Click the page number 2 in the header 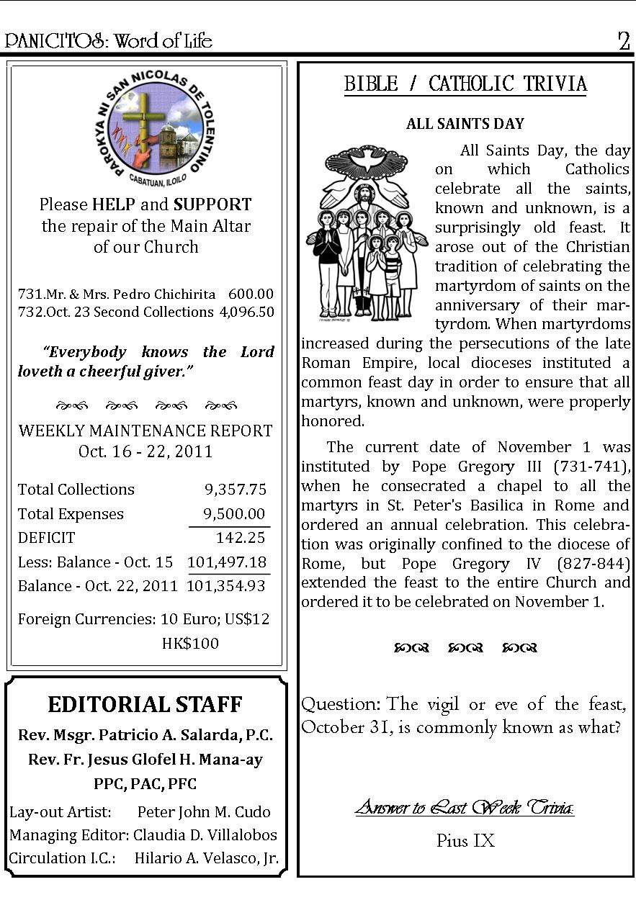point(624,41)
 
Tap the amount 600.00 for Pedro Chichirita point(251,294)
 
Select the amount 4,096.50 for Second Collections point(247,312)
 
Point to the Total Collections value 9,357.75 point(236,490)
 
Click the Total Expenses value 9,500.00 point(234,514)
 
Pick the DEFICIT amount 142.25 point(241,538)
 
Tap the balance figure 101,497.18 point(227,562)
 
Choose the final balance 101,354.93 point(226,586)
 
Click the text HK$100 point(190,644)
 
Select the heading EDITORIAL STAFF point(145,704)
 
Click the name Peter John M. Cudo point(204,812)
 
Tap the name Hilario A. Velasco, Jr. point(207,858)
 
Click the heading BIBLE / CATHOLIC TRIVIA point(465,84)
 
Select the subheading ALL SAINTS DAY point(465,124)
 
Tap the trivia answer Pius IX point(465,841)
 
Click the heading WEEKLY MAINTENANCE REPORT point(145,431)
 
